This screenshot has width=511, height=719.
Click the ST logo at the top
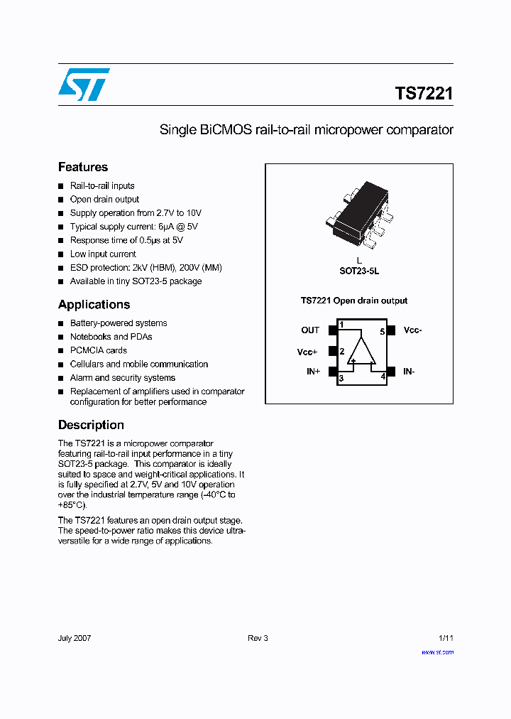84,84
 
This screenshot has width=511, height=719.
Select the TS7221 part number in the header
424,94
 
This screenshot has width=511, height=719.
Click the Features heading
83,167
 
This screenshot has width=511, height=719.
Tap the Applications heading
94,304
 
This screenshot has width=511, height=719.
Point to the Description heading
91,425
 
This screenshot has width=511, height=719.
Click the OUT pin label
310,330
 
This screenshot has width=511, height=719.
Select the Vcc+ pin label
307,352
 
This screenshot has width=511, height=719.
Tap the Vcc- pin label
413,330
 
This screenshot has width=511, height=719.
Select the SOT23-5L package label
359,271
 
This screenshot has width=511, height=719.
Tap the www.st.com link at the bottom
437,652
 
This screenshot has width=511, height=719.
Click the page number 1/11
446,638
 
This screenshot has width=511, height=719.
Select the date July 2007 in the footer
75,638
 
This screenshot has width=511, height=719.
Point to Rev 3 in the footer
258,638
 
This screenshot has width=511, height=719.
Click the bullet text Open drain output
104,200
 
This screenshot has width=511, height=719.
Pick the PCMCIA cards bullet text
99,350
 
